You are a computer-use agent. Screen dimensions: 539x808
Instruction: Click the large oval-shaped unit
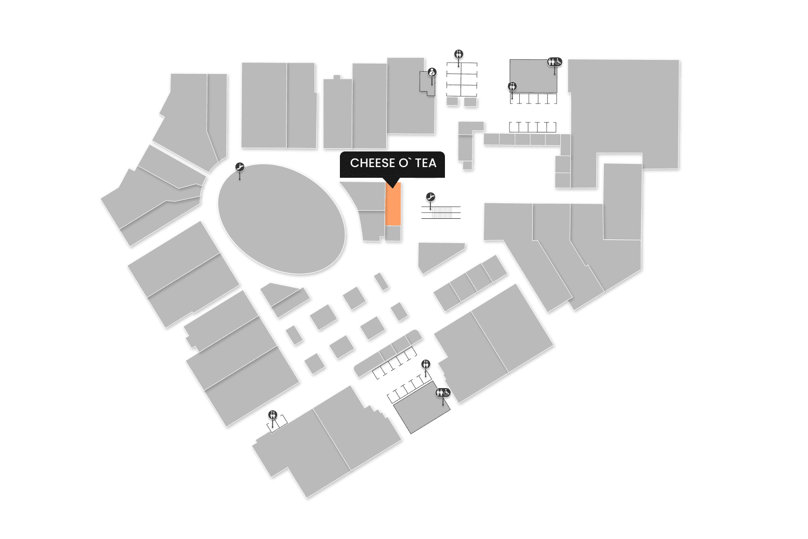pyautogui.click(x=281, y=219)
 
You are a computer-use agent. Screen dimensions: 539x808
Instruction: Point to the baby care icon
pyautogui.click(x=431, y=72)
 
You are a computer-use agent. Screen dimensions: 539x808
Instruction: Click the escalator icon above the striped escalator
pyautogui.click(x=430, y=197)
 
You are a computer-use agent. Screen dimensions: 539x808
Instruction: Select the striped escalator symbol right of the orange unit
pyautogui.click(x=441, y=212)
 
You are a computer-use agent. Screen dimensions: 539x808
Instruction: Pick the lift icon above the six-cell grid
pyautogui.click(x=459, y=54)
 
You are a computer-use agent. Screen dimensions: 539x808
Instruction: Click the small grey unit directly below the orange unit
pyautogui.click(x=393, y=233)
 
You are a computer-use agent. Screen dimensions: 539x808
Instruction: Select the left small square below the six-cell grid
pyautogui.click(x=452, y=101)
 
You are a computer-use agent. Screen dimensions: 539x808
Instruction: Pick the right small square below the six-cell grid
pyautogui.click(x=470, y=101)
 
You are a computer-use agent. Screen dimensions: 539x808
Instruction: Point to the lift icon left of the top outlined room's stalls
pyautogui.click(x=512, y=86)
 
